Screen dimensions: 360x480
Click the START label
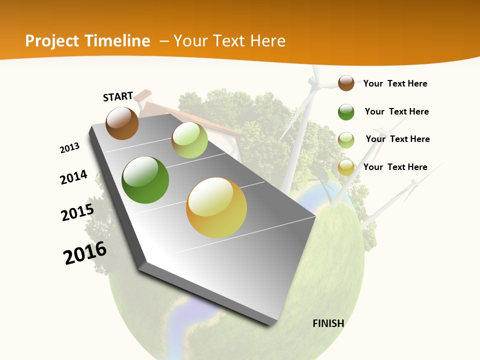(x=118, y=96)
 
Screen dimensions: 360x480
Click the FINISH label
(x=328, y=323)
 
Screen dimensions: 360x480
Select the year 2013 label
(x=69, y=148)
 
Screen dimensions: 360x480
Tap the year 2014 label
(x=73, y=177)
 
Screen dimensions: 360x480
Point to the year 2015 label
(x=77, y=212)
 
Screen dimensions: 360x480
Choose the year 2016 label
(x=85, y=253)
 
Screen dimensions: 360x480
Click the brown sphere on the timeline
(x=122, y=123)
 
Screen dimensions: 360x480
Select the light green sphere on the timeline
(x=189, y=140)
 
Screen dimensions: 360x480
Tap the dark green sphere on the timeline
(x=145, y=180)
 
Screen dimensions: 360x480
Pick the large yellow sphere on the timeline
(x=216, y=207)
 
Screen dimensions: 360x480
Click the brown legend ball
(x=346, y=83)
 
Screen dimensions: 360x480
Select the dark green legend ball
(x=346, y=112)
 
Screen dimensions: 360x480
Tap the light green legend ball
(x=346, y=140)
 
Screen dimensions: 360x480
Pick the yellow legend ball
(x=346, y=167)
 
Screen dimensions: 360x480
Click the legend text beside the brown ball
(x=395, y=83)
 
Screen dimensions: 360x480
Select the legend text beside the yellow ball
(x=395, y=167)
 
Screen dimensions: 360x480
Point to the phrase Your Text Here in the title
(x=229, y=41)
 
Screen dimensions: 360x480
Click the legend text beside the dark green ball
(x=396, y=111)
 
